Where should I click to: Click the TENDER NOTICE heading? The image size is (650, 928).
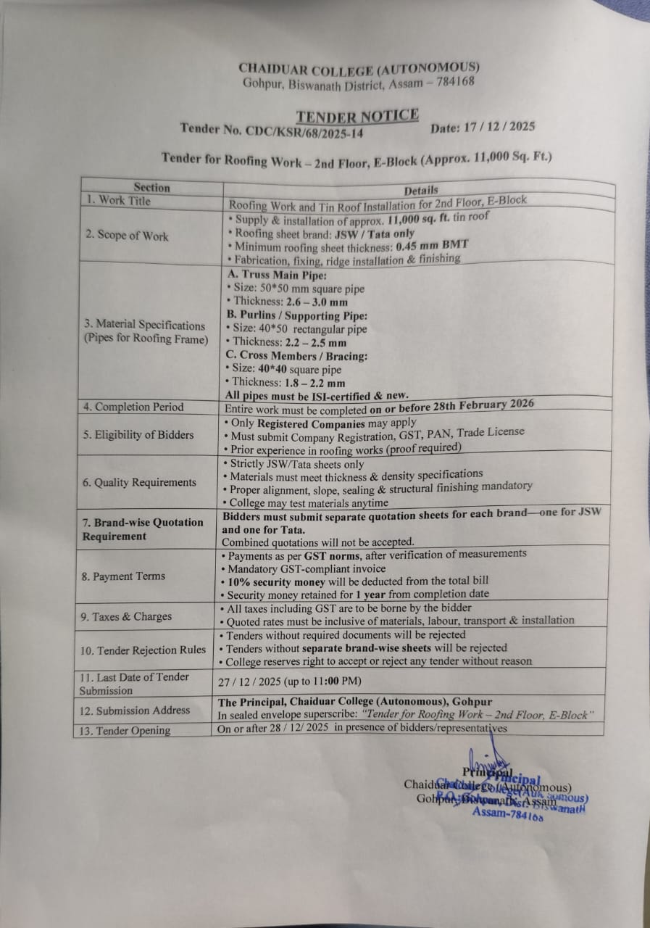click(357, 116)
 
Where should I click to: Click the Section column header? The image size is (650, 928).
click(151, 187)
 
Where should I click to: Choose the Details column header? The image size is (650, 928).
click(421, 191)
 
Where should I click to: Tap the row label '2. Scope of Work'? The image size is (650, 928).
click(126, 236)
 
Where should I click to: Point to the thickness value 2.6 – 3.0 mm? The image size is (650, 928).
click(308, 302)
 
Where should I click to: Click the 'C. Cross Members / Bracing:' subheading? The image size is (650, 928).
click(297, 356)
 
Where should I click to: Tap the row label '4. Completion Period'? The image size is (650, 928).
click(133, 407)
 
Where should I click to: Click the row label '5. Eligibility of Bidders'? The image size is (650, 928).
click(138, 435)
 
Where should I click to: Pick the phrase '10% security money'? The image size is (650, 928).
click(274, 581)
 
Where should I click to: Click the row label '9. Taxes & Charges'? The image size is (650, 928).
click(127, 617)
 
